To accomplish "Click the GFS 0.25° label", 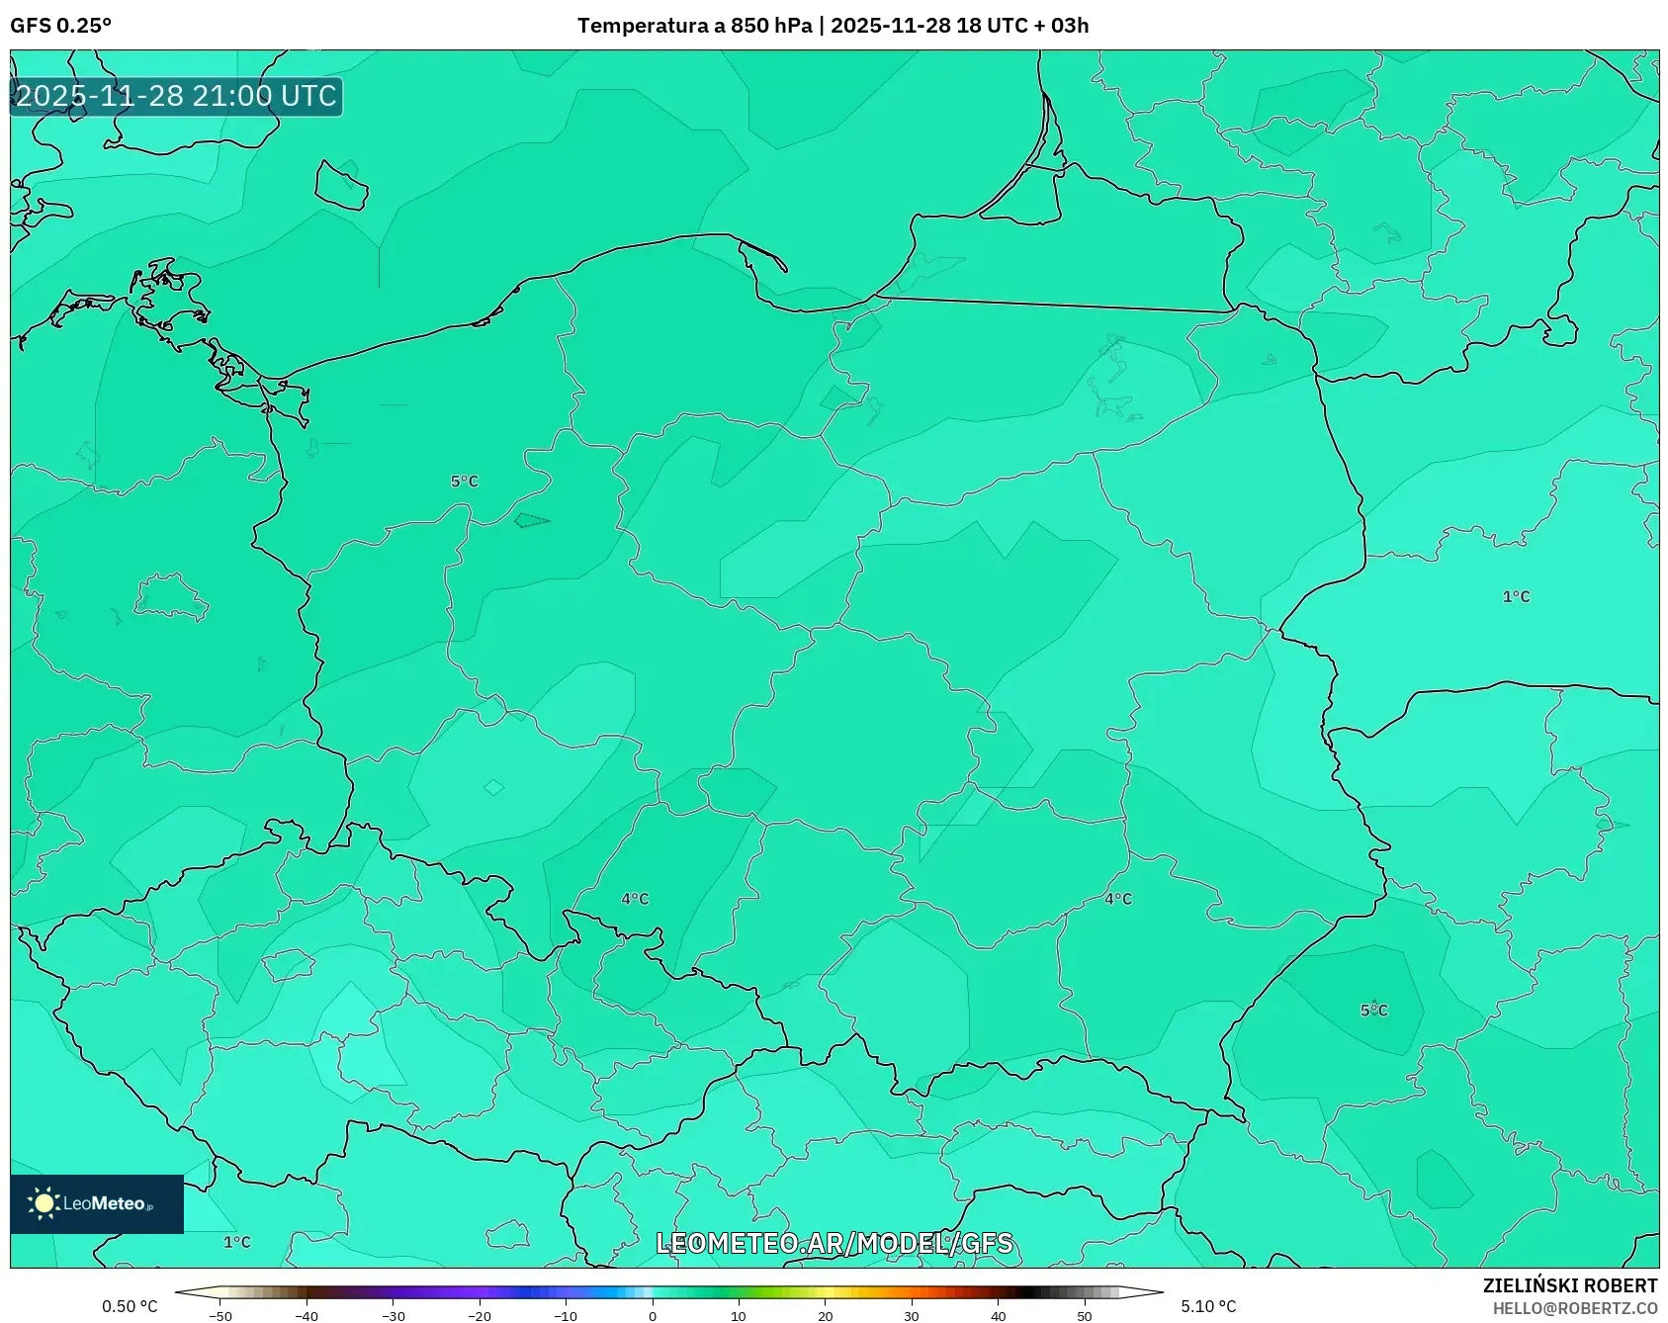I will tap(60, 25).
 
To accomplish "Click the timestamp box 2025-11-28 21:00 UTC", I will tap(176, 96).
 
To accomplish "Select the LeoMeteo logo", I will tap(96, 1203).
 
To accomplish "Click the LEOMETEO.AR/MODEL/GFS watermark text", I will tap(834, 1243).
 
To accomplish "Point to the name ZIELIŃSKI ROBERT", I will tap(1569, 1285).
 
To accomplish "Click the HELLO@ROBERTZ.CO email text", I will tap(1574, 1308).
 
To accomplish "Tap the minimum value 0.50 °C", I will tap(130, 1306).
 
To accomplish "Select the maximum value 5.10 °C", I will tap(1208, 1306).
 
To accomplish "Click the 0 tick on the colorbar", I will tap(652, 1315).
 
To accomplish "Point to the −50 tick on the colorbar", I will tap(220, 1315).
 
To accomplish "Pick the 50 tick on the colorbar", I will tap(1085, 1315).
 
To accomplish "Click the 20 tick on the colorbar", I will tap(825, 1315).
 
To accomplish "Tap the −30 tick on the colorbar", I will tap(394, 1315).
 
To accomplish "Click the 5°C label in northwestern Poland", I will tap(464, 482).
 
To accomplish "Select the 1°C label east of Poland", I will tap(1516, 596).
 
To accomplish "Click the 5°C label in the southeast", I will tap(1373, 1010).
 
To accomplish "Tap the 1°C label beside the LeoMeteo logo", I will tap(236, 1242).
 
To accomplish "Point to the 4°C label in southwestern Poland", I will tap(635, 899).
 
